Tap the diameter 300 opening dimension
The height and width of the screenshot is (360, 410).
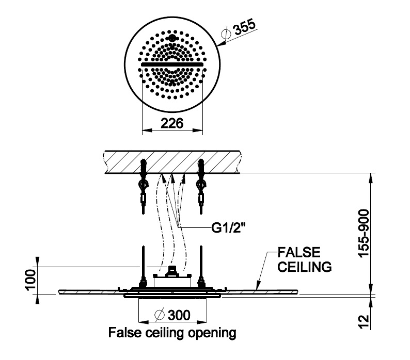(x=171, y=315)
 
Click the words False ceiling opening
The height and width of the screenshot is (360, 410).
(x=171, y=333)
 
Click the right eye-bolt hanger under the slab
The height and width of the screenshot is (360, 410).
(x=201, y=188)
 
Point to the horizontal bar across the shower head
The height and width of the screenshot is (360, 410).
(x=171, y=64)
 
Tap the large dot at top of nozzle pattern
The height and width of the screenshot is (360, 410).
(x=171, y=38)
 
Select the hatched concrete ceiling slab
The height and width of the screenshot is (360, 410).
(x=171, y=161)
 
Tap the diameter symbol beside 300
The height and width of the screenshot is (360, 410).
(x=159, y=315)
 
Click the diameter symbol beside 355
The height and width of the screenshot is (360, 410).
(x=226, y=34)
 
